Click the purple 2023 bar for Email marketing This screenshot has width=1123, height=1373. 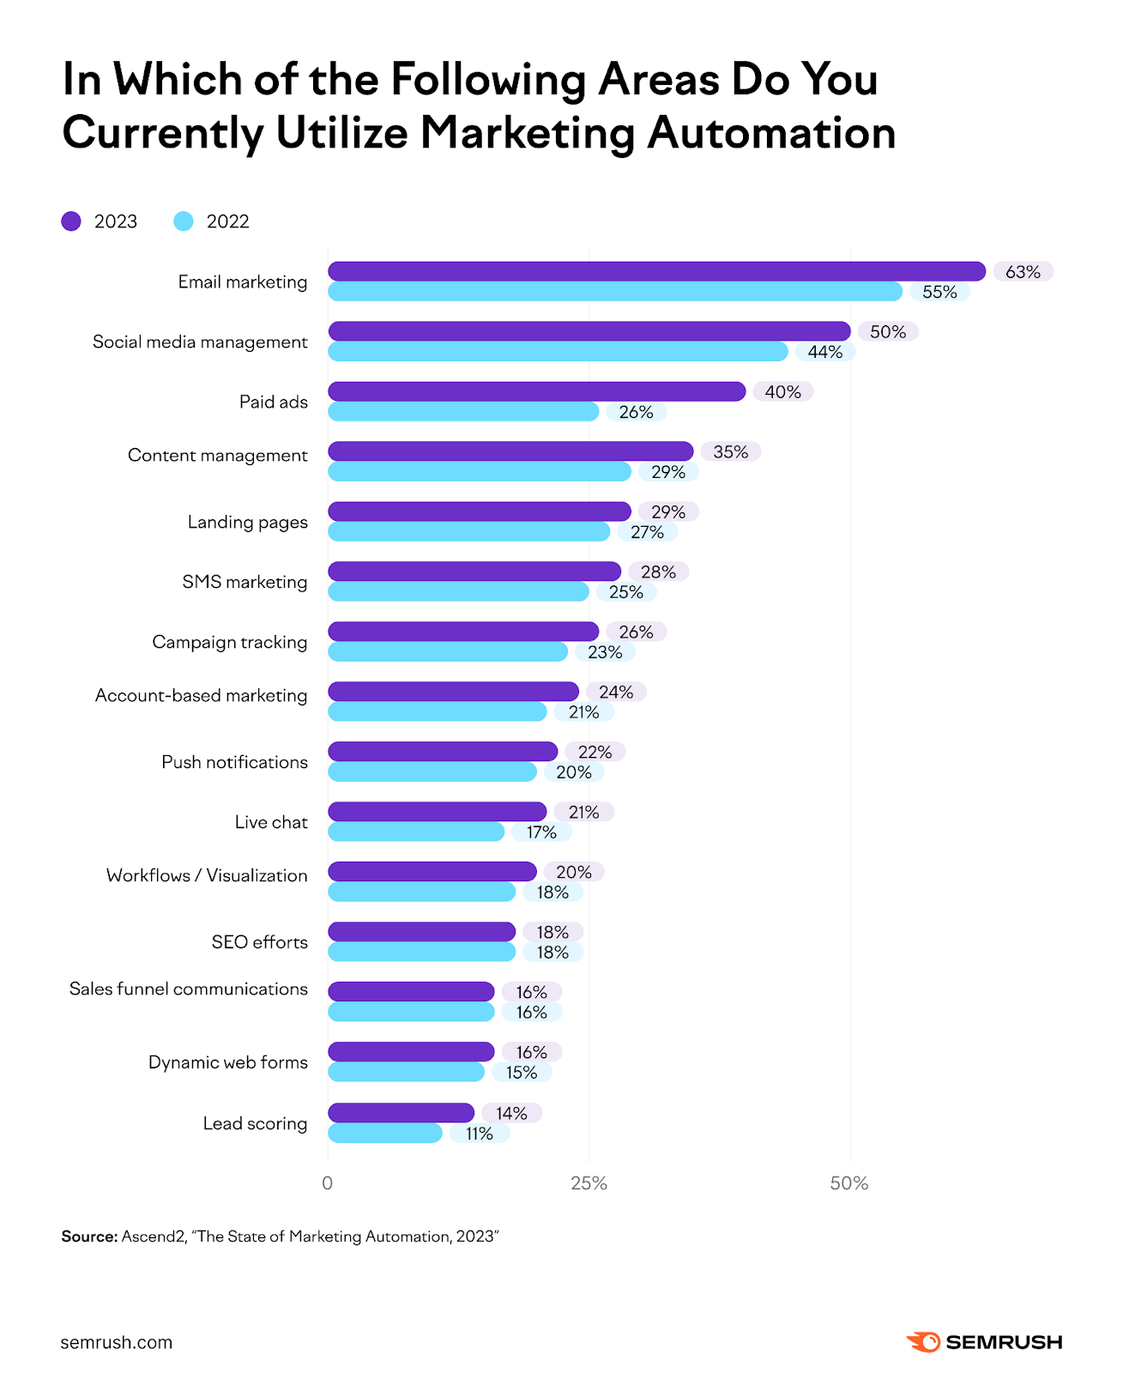[656, 271]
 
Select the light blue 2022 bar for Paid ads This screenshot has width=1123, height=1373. [463, 412]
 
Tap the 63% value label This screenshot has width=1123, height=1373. [1023, 272]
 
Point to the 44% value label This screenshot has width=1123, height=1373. [824, 352]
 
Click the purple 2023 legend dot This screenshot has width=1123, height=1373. [71, 221]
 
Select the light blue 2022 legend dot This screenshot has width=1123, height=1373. [184, 221]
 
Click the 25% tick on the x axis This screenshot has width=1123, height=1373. [589, 1183]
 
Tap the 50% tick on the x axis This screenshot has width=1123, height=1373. [848, 1183]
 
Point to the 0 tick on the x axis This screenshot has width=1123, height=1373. [327, 1183]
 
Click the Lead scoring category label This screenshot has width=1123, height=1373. [255, 1123]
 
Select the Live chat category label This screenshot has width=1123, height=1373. [271, 822]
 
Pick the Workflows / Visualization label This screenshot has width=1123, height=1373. [207, 875]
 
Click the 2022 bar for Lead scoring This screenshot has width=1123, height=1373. [384, 1134]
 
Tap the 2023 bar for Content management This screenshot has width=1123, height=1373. [510, 451]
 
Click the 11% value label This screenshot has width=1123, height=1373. [479, 1134]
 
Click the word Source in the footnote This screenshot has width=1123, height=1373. [88, 1237]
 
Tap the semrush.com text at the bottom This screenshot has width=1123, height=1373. [116, 1342]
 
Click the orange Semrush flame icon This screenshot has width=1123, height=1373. [923, 1342]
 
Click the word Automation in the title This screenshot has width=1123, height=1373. [771, 133]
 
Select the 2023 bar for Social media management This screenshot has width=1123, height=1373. [589, 331]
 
